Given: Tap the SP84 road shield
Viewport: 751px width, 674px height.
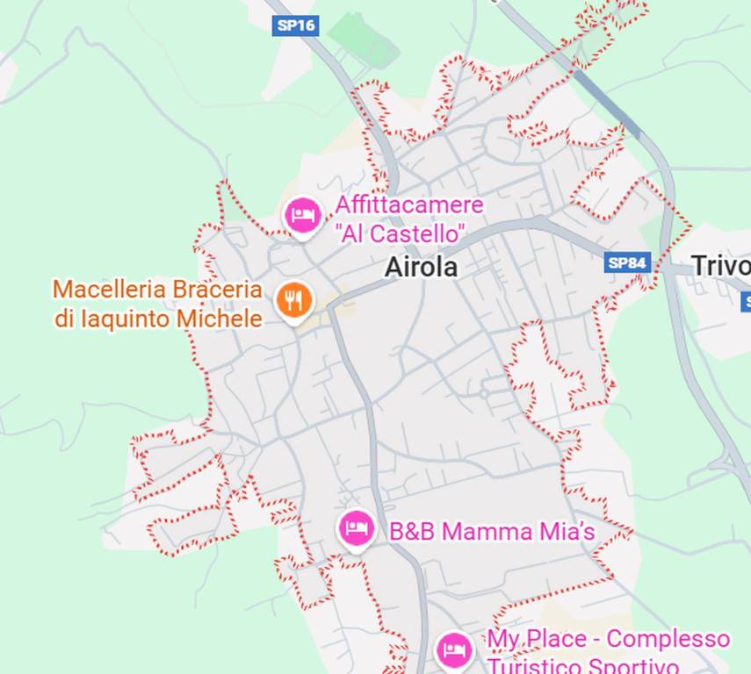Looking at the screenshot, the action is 627,262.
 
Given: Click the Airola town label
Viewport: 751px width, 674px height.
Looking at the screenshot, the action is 421,267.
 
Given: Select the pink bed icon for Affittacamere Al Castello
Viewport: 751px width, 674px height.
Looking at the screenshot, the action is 303,214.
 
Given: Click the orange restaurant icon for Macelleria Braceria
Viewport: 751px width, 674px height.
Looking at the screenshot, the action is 294,301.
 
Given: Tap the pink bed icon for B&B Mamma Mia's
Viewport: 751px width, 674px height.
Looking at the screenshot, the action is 356,528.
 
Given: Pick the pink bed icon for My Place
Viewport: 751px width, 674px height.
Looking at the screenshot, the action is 453,650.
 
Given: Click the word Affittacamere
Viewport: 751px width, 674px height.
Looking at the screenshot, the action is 408,205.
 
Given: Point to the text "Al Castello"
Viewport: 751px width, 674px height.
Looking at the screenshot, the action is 400,234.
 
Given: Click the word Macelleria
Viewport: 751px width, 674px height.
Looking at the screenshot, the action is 107,289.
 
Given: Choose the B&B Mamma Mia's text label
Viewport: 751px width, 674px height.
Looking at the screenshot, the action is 492,531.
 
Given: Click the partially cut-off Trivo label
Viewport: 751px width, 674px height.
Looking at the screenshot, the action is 720,265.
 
